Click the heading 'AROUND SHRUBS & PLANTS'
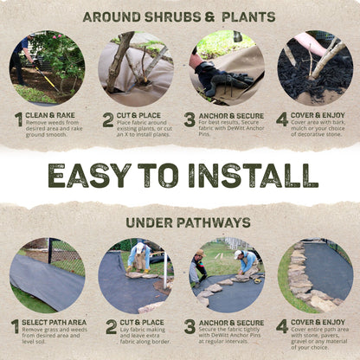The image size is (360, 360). coord(179,16)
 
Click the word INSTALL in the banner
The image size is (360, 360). coord(246,175)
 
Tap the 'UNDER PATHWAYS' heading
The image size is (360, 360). coord(179,222)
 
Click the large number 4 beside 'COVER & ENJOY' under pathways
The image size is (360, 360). coord(282,326)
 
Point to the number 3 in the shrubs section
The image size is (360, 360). coord(190,119)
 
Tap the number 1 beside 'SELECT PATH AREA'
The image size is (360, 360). coord(15,327)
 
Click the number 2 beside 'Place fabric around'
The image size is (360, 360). coord(108,119)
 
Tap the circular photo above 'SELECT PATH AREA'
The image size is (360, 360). coord(47,276)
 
